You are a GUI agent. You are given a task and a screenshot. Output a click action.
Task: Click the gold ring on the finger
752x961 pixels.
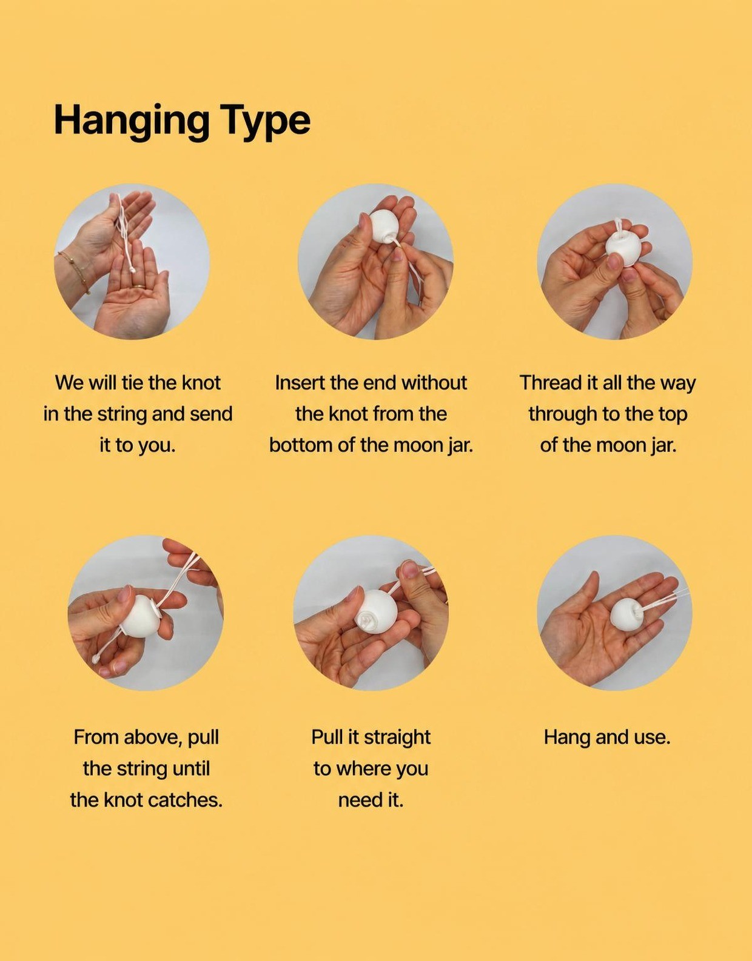pyautogui.click(x=139, y=287)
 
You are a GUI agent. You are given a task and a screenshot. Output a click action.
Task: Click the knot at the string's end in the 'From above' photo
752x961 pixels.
pyautogui.click(x=96, y=659)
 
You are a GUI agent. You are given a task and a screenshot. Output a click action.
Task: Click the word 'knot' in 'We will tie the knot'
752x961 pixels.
pyautogui.click(x=201, y=383)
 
